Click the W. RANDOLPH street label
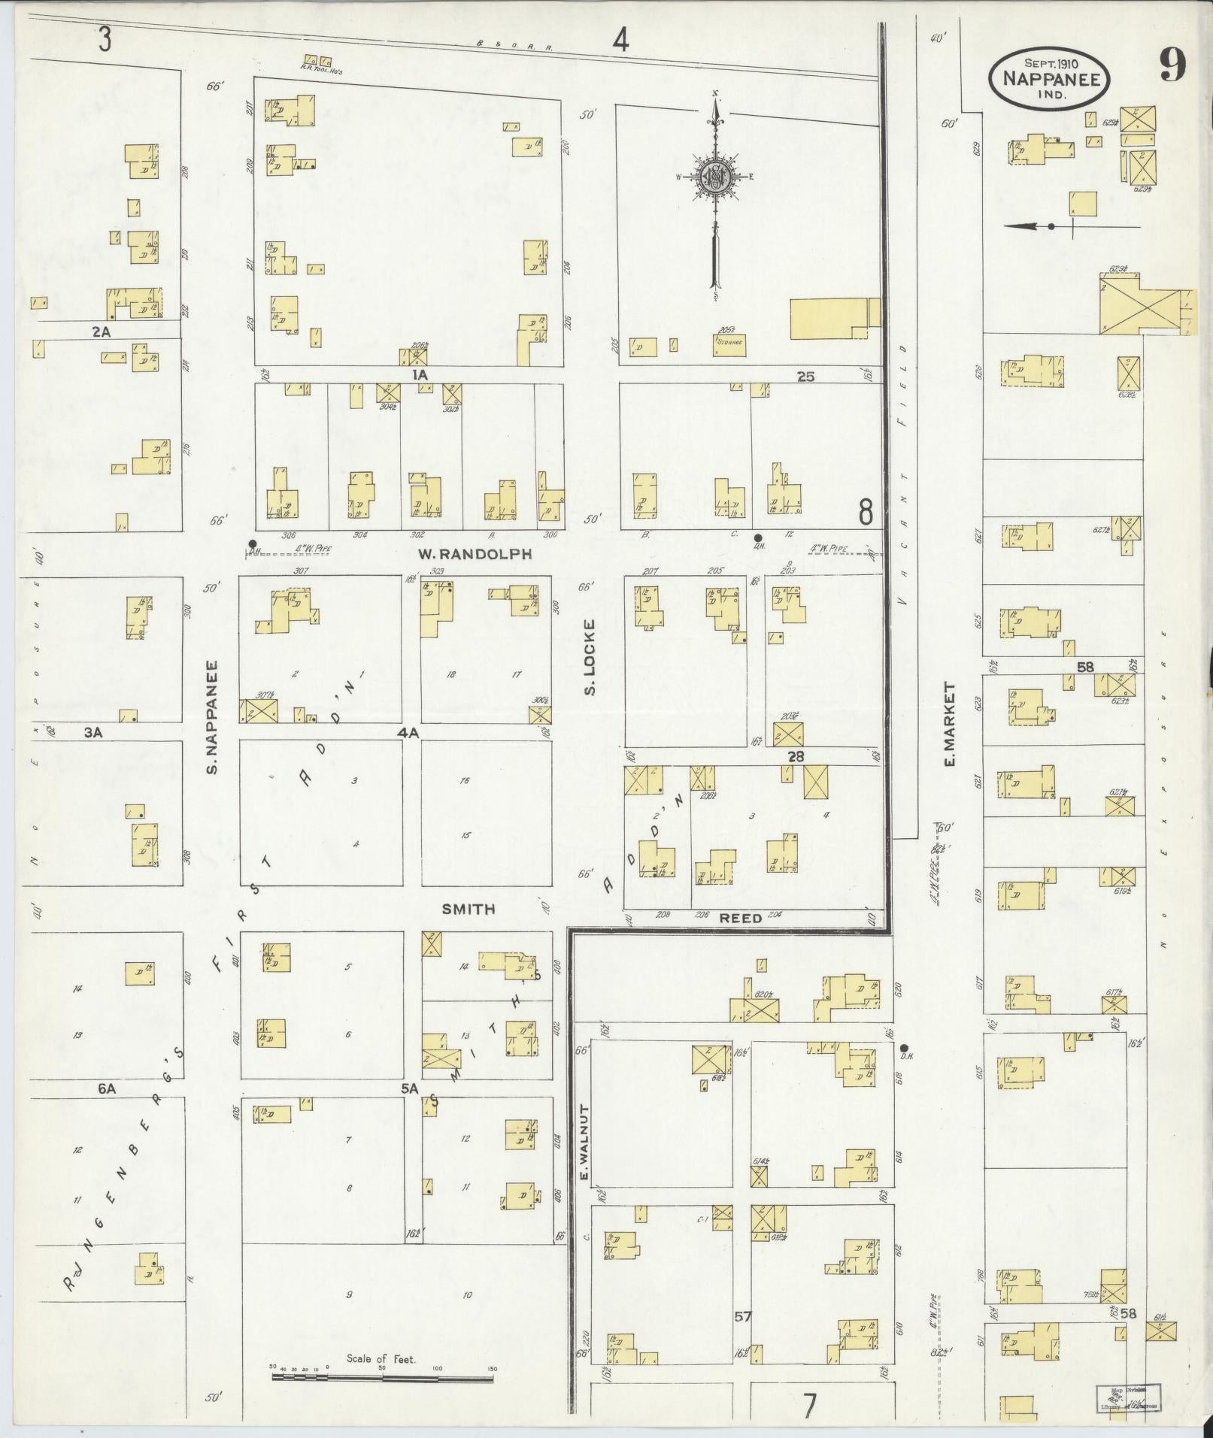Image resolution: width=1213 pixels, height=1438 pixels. [475, 554]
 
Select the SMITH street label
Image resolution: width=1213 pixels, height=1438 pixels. [468, 909]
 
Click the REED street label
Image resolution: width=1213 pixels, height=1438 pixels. [741, 918]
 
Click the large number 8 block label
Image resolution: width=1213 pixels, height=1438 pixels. [866, 513]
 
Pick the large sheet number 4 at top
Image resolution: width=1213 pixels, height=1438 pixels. [620, 40]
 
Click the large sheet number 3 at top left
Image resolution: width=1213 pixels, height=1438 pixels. [104, 40]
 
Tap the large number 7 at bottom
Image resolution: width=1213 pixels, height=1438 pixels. [809, 1406]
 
